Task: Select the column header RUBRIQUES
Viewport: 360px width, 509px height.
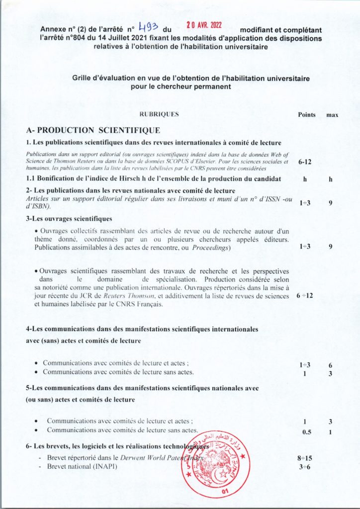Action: (x=159, y=114)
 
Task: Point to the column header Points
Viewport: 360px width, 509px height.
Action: (x=306, y=114)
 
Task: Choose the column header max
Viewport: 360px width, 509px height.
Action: (x=332, y=115)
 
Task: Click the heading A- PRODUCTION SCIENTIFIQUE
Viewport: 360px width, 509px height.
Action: (x=93, y=130)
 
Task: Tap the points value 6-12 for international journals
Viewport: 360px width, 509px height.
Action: (x=305, y=162)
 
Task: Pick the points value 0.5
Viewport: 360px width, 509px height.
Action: (x=307, y=431)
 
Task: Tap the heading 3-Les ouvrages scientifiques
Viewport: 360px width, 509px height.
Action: (x=69, y=218)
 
